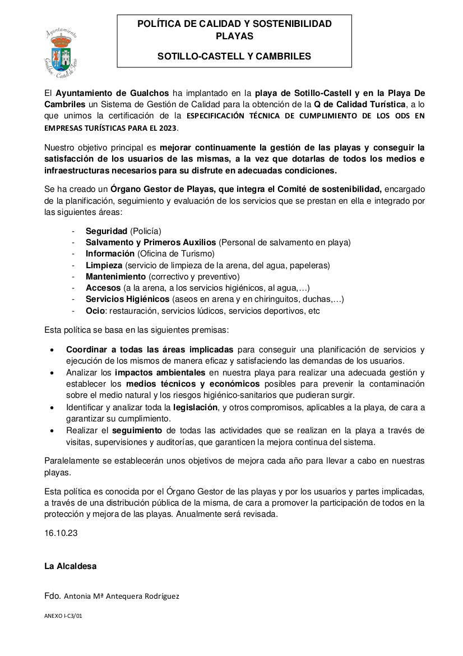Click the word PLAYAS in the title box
pyautogui.click(x=234, y=36)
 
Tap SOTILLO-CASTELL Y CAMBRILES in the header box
pyautogui.click(x=234, y=57)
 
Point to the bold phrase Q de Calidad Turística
pyautogui.click(x=359, y=104)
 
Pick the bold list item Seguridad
pyautogui.click(x=107, y=231)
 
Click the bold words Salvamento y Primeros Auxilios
pyautogui.click(x=150, y=242)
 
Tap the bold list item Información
pyautogui.click(x=110, y=254)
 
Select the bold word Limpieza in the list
pyautogui.click(x=104, y=265)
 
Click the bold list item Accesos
pyautogui.click(x=103, y=288)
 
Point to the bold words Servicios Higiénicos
pyautogui.click(x=127, y=299)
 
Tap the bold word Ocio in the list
pyautogui.click(x=95, y=310)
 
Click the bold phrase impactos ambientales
pyautogui.click(x=160, y=373)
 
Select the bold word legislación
pyautogui.click(x=196, y=407)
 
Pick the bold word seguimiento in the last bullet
pyautogui.click(x=136, y=430)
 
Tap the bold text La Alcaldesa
pyautogui.click(x=71, y=566)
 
